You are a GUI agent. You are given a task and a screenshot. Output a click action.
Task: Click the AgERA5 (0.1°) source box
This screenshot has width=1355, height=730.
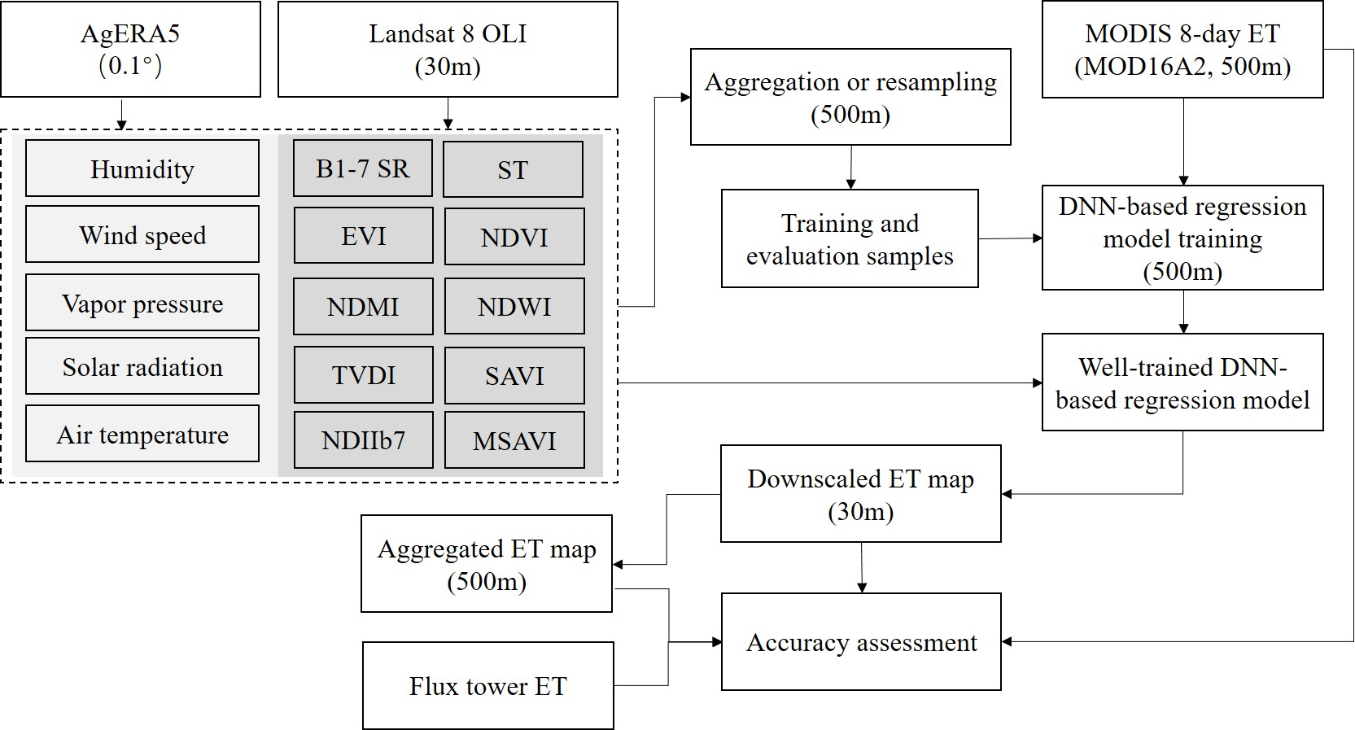pos(130,49)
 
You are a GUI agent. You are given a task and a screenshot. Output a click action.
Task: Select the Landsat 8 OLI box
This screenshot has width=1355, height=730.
pos(448,49)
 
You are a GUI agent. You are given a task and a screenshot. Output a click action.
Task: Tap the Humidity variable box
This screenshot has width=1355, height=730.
pos(142,168)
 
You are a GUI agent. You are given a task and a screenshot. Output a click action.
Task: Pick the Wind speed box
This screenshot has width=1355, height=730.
pos(142,234)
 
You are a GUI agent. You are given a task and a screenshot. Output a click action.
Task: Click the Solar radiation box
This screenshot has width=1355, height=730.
pos(142,366)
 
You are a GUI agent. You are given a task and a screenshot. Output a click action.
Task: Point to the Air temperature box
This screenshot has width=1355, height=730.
pos(142,434)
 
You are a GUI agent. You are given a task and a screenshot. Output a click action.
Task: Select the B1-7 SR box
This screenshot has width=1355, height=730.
pos(363,168)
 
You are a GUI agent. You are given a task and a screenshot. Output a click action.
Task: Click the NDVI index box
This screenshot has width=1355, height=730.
pos(514,237)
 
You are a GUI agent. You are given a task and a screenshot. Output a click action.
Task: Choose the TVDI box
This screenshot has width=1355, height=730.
pos(363,375)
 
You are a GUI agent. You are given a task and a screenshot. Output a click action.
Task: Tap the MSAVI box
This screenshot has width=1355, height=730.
pos(514,440)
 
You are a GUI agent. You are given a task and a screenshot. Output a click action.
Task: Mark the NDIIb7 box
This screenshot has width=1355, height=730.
pos(363,440)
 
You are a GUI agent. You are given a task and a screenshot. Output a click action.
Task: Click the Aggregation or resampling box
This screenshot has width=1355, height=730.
pos(850,97)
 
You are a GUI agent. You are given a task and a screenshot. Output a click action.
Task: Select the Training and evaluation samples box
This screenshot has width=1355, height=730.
pos(850,238)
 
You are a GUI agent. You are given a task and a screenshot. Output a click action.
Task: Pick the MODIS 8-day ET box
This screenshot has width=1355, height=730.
pos(1182,50)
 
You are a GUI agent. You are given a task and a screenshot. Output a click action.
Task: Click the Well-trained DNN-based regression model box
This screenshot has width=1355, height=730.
pos(1182,382)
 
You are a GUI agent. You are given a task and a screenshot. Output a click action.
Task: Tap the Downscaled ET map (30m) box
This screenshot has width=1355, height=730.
pos(860,494)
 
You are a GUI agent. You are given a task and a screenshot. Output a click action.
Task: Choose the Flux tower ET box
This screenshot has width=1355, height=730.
pos(487,686)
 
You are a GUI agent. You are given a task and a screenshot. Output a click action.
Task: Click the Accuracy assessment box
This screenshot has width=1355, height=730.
pos(861,642)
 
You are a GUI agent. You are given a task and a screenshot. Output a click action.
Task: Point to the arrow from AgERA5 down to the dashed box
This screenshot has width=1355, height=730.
pos(121,114)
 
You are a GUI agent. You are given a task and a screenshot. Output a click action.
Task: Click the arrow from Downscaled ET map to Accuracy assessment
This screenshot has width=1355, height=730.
pos(862,567)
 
